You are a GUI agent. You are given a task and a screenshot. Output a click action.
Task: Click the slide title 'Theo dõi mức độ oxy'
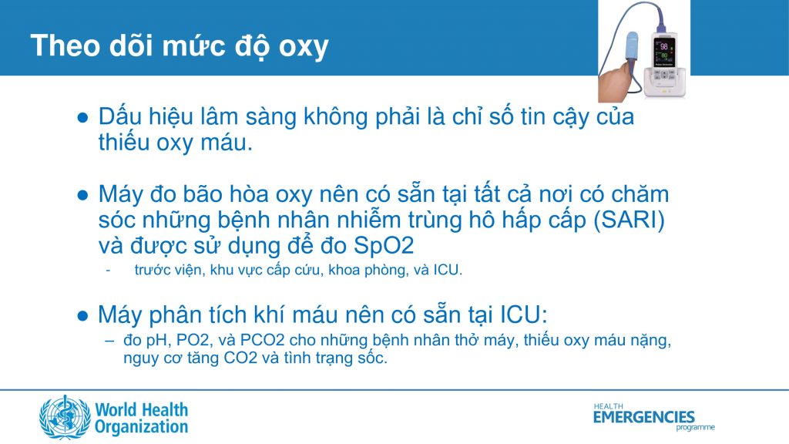pos(180,46)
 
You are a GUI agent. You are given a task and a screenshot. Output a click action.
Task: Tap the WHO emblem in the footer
pos(65,417)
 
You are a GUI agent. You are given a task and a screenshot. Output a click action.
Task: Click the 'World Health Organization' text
pos(142,417)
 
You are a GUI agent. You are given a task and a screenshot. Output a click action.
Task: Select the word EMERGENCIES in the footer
pos(643,417)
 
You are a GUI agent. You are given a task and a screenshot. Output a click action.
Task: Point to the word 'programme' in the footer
pos(695,427)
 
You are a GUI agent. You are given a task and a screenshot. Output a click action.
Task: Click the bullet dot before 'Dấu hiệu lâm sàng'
pos(83,118)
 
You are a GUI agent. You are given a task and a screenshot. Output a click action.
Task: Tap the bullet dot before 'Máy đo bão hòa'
pos(83,194)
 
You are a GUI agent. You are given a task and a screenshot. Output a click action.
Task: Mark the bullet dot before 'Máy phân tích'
pos(83,315)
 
